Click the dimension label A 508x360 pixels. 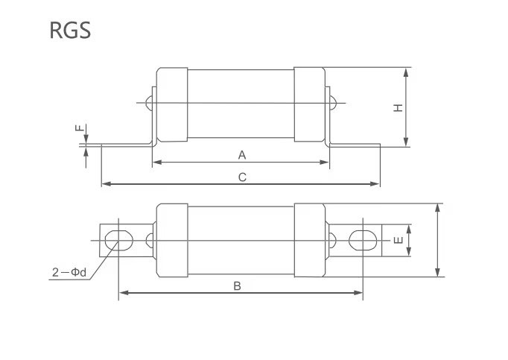pyautogui.click(x=241, y=155)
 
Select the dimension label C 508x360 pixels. pyautogui.click(x=242, y=177)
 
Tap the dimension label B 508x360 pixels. pyautogui.click(x=237, y=285)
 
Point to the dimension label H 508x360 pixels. pyautogui.click(x=399, y=107)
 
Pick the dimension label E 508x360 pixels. pyautogui.click(x=399, y=240)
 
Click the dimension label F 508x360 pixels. pyautogui.click(x=79, y=129)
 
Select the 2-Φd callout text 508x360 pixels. pyautogui.click(x=69, y=273)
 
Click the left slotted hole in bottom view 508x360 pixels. pyautogui.click(x=118, y=240)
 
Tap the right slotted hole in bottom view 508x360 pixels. pyautogui.click(x=362, y=240)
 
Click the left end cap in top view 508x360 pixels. pyautogui.click(x=171, y=106)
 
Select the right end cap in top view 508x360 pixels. pyautogui.click(x=309, y=106)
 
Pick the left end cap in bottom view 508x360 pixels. pyautogui.click(x=171, y=239)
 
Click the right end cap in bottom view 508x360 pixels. pyautogui.click(x=309, y=239)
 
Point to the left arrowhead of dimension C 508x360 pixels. pyautogui.click(x=104, y=183)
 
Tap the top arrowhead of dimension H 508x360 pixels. pyautogui.click(x=406, y=71)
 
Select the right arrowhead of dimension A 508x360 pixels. pyautogui.click(x=325, y=162)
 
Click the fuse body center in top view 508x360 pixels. pyautogui.click(x=241, y=106)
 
